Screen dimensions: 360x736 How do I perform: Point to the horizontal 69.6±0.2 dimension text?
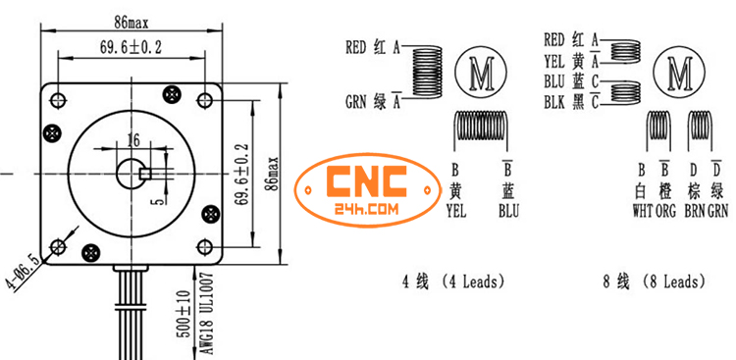131,46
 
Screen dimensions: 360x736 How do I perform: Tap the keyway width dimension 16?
132,137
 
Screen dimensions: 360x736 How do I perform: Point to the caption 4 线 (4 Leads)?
453,283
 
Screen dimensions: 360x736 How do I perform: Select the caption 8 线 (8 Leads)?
655,283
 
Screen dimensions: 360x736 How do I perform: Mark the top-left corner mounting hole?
59,99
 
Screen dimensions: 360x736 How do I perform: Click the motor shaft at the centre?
134,174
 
